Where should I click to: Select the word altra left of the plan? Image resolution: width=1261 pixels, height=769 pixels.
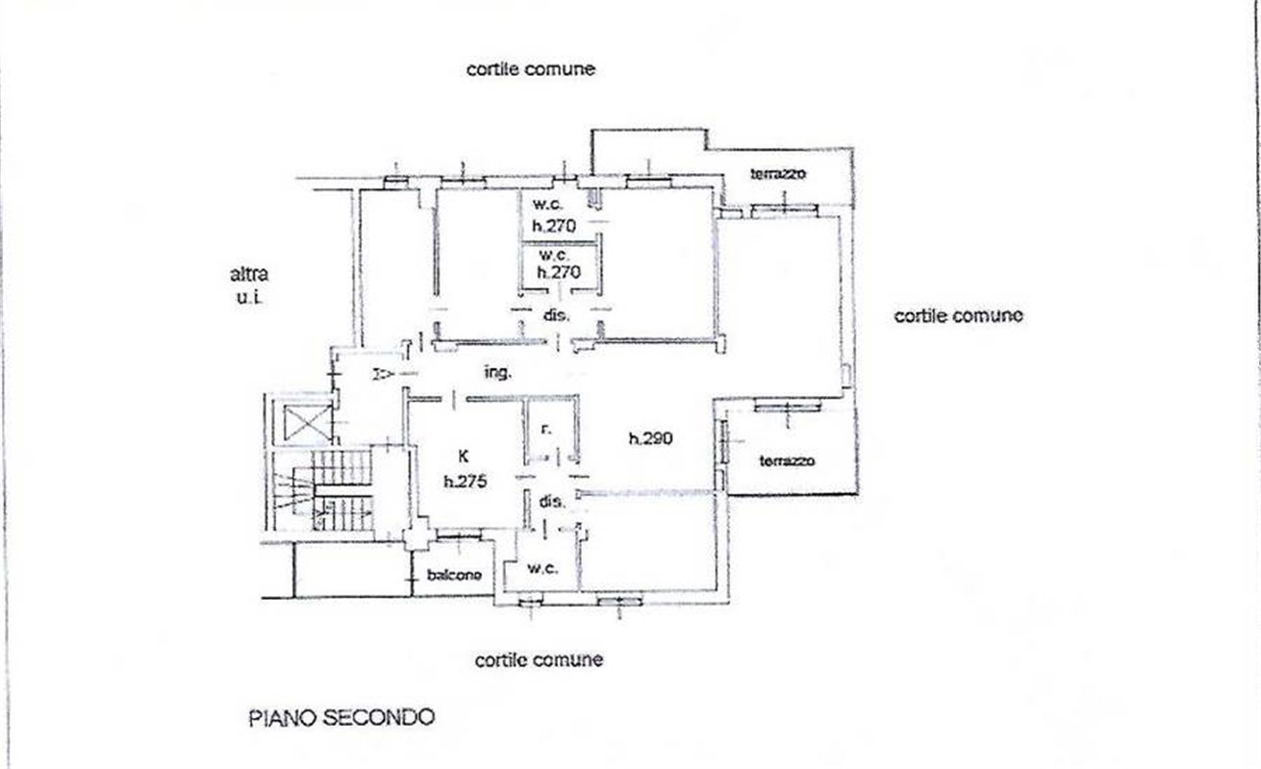click(249, 274)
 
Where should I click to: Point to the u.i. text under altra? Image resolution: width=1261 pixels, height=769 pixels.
click(249, 298)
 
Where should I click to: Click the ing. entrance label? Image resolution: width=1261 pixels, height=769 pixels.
click(496, 372)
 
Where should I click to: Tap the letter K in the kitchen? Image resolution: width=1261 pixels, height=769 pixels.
click(464, 459)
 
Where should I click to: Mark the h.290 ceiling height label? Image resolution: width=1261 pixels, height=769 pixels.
click(651, 439)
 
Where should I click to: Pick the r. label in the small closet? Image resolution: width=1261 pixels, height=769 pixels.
click(545, 430)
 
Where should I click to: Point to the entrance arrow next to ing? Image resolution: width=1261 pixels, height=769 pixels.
click(382, 373)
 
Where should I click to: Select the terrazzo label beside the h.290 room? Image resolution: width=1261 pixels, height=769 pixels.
click(787, 460)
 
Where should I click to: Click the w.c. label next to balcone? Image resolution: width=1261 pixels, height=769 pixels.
click(542, 569)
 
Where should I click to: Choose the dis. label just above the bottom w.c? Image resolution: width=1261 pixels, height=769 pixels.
click(550, 501)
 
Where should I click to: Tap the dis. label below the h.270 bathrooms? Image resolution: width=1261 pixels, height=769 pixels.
click(557, 315)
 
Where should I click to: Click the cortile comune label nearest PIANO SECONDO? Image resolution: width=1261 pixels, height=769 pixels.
click(539, 660)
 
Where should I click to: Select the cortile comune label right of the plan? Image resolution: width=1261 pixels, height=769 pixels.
click(958, 315)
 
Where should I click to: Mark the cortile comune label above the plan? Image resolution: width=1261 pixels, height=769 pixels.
click(531, 69)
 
